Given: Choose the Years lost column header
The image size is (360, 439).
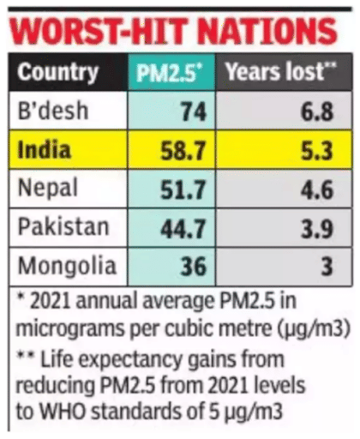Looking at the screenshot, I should tap(279, 72).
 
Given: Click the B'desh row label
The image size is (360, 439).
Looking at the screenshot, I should tap(54, 112).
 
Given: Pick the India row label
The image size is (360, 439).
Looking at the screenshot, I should tap(45, 152).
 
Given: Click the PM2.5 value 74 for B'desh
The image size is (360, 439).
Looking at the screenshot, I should tap(191, 113).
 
